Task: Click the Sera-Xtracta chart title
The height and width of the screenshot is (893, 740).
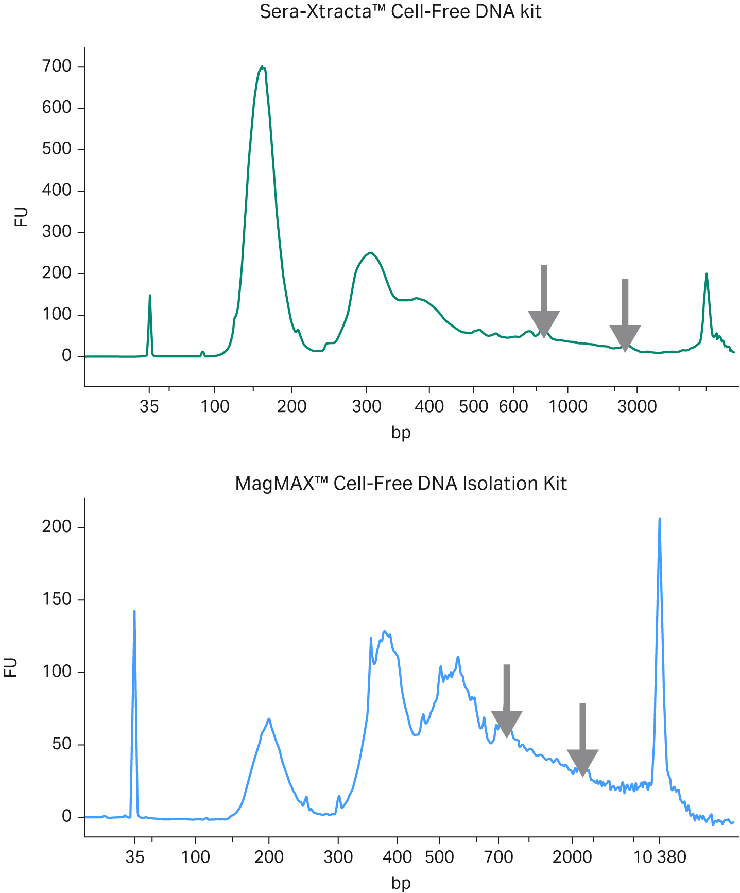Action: pos(400,11)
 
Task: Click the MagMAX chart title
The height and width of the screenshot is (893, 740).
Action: pos(400,484)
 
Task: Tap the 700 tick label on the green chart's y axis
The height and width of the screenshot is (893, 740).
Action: pos(57,66)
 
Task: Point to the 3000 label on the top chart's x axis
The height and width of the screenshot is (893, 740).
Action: pos(637,406)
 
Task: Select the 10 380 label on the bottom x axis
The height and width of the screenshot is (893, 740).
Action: pos(660,857)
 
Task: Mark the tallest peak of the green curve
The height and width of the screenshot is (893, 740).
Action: pos(262,67)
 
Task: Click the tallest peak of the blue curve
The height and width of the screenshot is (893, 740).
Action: pos(660,519)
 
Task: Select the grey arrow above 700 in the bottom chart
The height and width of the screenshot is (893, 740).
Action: pos(507,701)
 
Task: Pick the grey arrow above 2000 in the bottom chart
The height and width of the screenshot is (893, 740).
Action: pos(583,740)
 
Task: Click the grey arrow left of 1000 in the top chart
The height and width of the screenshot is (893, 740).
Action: pos(544,302)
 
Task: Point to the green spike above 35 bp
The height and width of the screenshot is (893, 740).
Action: pos(150,296)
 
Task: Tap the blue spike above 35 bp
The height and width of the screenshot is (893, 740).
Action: pos(134,612)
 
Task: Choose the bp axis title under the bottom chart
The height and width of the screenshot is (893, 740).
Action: pos(401,883)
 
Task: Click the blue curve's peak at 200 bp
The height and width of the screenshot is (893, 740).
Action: pos(269,719)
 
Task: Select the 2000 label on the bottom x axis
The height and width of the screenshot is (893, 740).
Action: pos(572,857)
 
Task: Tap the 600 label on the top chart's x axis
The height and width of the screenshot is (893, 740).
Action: pos(513,406)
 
